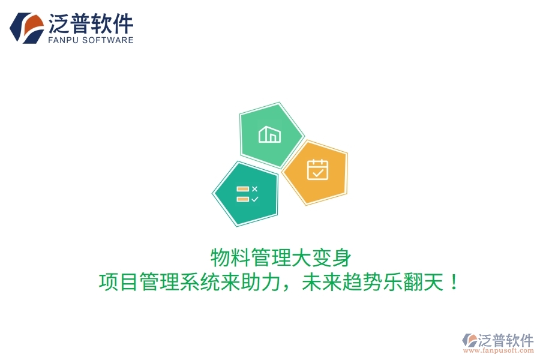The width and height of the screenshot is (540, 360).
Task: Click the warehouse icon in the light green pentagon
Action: [x=269, y=134]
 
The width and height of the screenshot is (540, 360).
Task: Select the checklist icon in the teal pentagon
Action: [x=247, y=194]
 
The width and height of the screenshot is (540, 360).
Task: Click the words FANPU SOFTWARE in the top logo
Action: [x=90, y=40]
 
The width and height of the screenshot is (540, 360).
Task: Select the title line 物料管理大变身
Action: [x=280, y=258]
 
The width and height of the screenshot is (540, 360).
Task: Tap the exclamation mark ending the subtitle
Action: [x=454, y=281]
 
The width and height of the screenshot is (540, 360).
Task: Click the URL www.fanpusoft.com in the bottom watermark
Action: [x=498, y=351]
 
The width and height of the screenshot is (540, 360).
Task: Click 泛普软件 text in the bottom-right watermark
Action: [x=505, y=340]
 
